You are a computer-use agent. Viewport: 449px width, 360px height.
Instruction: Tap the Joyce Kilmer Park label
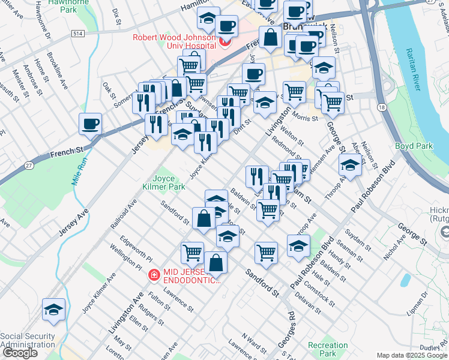click(168, 182)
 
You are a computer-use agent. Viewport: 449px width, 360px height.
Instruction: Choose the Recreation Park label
click(327, 349)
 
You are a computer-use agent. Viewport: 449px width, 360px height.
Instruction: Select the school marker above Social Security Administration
click(53, 310)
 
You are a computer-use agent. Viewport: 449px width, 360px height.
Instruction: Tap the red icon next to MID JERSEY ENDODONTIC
click(154, 275)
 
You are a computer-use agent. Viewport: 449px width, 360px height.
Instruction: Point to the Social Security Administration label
click(28, 340)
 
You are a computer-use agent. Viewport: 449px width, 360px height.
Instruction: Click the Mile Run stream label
click(79, 171)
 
